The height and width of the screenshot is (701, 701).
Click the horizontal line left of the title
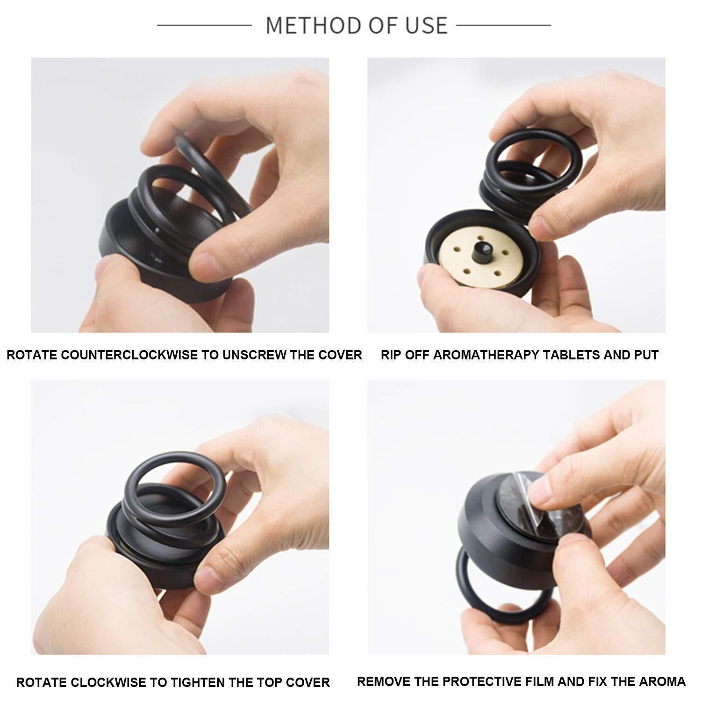(x=204, y=25)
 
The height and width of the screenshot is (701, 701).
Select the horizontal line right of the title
(x=503, y=25)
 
